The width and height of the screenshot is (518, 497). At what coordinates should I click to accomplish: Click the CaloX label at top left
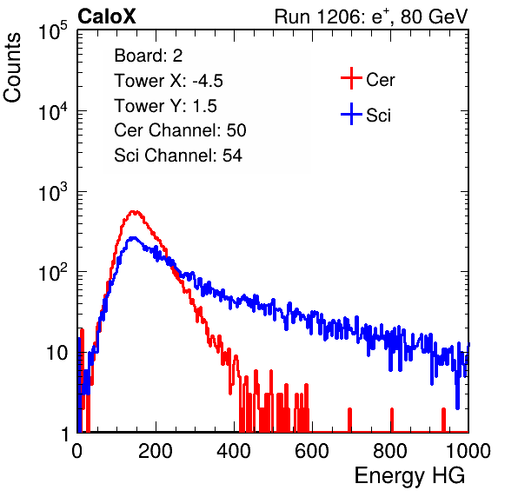click(107, 17)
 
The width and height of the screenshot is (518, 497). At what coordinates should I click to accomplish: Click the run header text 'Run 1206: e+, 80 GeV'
click(371, 17)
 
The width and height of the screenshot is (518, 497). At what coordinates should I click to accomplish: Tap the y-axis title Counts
click(12, 68)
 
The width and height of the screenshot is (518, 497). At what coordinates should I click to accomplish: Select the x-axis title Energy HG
click(409, 476)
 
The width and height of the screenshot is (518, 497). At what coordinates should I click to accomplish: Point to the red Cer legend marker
click(351, 78)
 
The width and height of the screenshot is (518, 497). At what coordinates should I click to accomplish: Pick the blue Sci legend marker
click(351, 115)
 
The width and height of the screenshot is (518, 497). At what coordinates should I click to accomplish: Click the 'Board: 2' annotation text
click(149, 56)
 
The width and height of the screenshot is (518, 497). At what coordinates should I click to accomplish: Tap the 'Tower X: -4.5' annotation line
click(169, 81)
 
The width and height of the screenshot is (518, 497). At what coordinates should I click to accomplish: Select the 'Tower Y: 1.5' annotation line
click(165, 106)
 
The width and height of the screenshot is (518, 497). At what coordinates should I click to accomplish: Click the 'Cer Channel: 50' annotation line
click(180, 130)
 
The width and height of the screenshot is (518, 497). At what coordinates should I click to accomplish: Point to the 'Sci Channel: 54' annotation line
click(178, 156)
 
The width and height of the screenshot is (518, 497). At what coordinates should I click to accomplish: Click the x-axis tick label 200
click(156, 451)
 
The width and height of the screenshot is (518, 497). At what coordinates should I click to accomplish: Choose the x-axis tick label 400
click(234, 451)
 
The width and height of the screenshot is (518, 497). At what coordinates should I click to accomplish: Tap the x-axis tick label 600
click(312, 451)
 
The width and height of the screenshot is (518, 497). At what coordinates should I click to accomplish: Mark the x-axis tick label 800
click(390, 451)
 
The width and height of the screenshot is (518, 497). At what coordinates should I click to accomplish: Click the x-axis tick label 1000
click(468, 451)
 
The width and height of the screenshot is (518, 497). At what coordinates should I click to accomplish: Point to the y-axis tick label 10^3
click(52, 192)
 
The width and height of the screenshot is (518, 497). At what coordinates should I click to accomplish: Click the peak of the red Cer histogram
click(134, 211)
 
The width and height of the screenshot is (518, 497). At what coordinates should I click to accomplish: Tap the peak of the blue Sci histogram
click(133, 238)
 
